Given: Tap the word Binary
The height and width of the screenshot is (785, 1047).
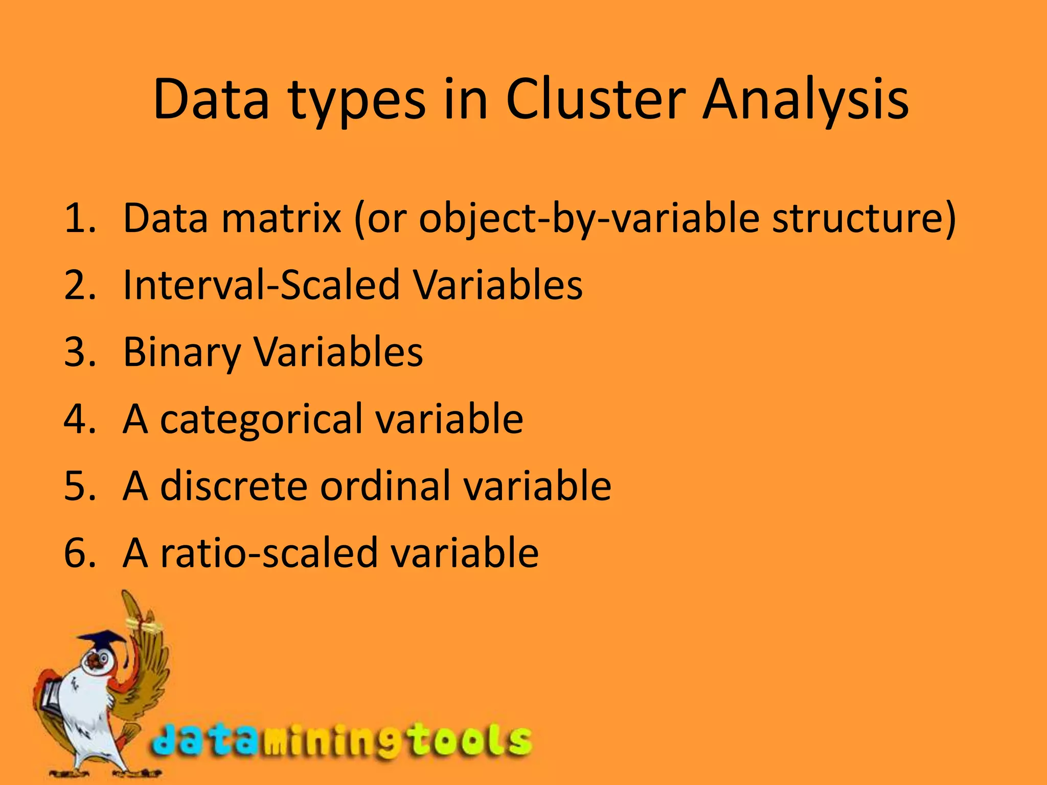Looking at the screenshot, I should (x=181, y=353).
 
